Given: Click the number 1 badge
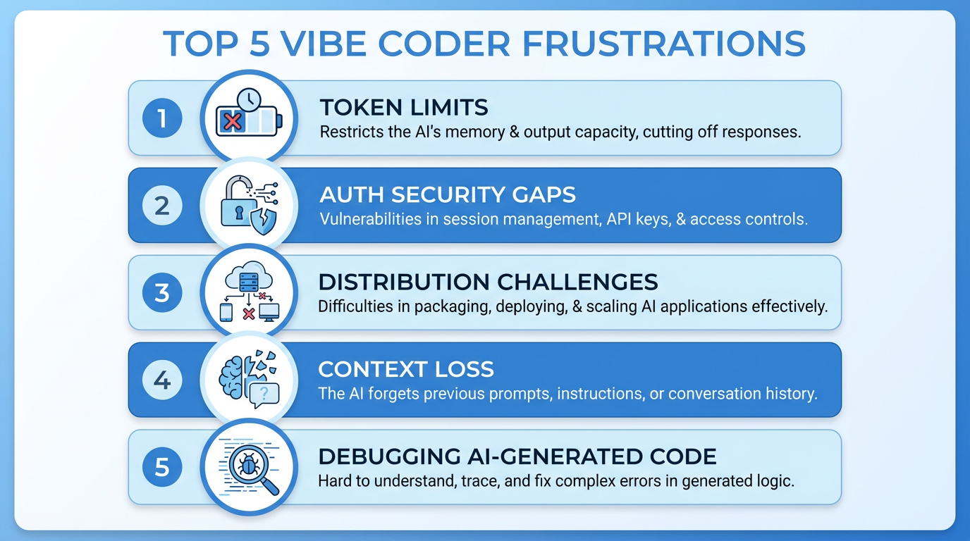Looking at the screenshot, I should point(162,118).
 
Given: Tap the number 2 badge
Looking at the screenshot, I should point(162,206).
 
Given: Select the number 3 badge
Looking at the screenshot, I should point(162,292).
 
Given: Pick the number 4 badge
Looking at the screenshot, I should point(162,380).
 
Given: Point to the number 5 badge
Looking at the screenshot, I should point(162,467).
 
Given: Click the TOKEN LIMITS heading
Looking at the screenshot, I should point(404,108).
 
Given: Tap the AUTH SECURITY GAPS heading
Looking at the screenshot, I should point(448,195).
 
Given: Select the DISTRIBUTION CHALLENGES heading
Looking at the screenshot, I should point(488,282).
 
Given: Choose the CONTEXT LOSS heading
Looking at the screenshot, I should point(406,369).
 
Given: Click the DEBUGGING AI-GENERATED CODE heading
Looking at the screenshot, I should point(517,456).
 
